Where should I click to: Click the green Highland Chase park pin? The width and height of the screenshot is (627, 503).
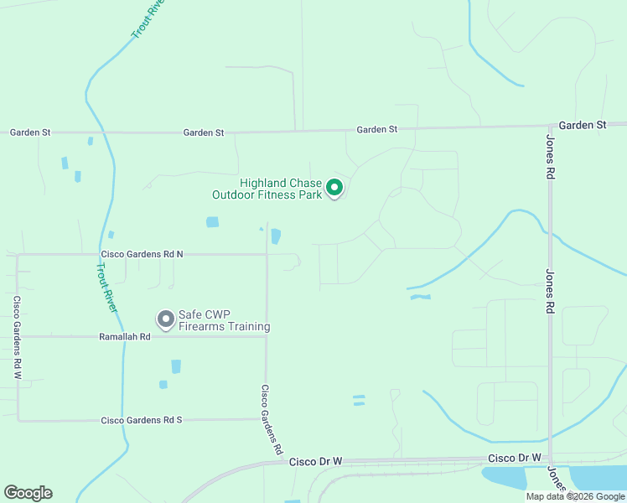(334, 188)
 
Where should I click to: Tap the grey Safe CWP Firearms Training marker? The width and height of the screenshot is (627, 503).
(165, 319)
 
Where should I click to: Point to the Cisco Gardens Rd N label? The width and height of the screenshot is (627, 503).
(142, 253)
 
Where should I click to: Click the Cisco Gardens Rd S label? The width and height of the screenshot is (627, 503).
(141, 419)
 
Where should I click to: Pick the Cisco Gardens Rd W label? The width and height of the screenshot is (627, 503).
(16, 337)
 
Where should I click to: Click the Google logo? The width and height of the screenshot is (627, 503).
(28, 493)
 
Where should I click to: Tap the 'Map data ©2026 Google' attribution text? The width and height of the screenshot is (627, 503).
(575, 496)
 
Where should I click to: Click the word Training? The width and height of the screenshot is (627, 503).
(249, 326)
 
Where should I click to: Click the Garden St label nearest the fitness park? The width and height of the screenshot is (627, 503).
(376, 129)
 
